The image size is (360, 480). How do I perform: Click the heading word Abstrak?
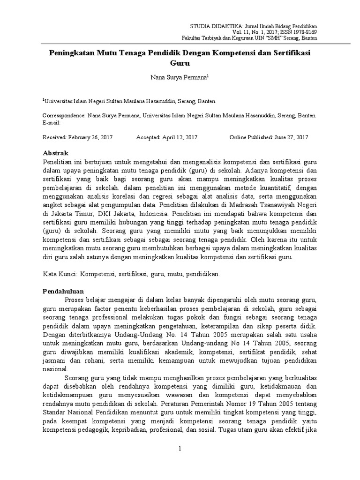point(56,153)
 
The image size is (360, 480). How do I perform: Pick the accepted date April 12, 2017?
point(180,137)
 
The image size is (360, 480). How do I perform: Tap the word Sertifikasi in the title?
point(293,53)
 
